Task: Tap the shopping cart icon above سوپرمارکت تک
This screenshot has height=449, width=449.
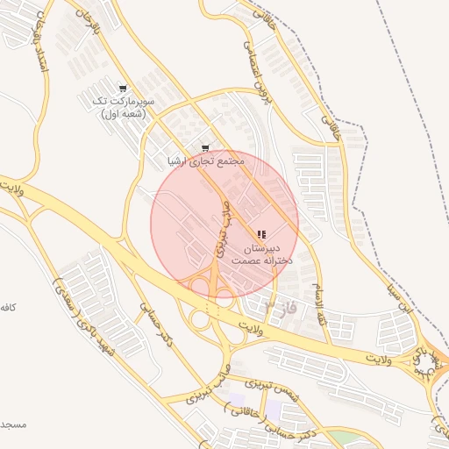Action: (x=122, y=89)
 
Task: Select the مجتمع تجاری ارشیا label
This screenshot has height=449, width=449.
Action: (x=203, y=162)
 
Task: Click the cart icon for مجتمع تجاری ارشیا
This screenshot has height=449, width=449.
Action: (x=205, y=148)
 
